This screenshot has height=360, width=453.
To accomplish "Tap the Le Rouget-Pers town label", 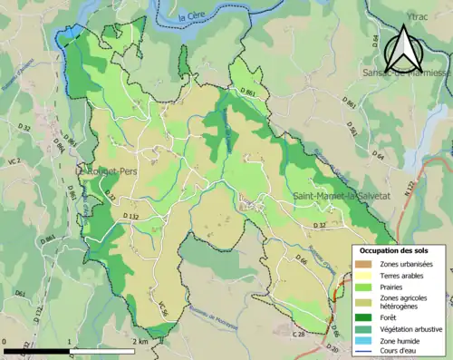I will tap(107, 170).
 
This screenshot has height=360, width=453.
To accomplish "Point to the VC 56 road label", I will tap(164, 307).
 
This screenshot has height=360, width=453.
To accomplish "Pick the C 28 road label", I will tap(298, 335).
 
